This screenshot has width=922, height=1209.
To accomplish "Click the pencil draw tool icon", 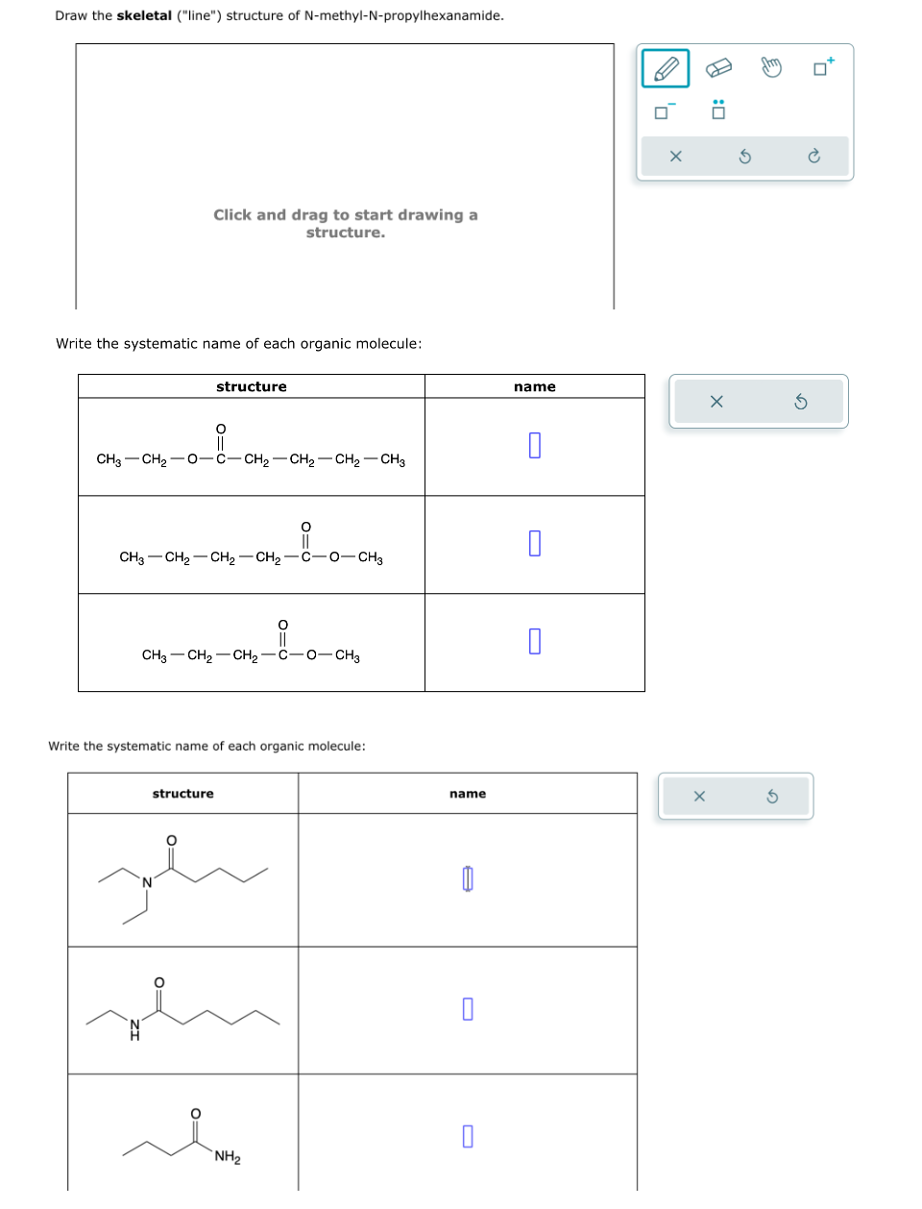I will coord(666,68).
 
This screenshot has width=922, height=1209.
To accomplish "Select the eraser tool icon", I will coord(718,68).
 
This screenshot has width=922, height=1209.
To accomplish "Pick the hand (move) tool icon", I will coord(771,67).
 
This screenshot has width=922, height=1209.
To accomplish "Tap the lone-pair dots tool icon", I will coord(717,110).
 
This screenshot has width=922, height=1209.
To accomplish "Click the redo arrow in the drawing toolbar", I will coord(813,156).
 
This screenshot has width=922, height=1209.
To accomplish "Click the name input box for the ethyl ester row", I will coord(535,446).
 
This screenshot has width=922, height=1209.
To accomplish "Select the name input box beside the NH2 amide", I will coord(468,1136).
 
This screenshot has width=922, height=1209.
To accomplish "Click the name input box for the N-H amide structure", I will coord(468,1008).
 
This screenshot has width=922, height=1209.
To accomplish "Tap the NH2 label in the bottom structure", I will coord(228,1156).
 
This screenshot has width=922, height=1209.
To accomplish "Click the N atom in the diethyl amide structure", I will coord(147,882).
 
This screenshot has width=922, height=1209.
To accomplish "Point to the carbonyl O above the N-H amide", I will coord(159,982).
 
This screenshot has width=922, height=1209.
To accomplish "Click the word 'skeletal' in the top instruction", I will coord(144,15).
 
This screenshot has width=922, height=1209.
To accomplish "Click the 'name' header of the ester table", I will coord(535,386).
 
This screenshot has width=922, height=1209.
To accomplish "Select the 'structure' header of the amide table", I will coord(182,794).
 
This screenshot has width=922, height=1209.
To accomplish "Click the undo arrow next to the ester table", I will coord(800,402).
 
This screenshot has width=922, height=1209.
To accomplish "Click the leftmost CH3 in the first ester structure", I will coord(109,459).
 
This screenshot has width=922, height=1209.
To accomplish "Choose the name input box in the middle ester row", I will coord(535,543).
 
